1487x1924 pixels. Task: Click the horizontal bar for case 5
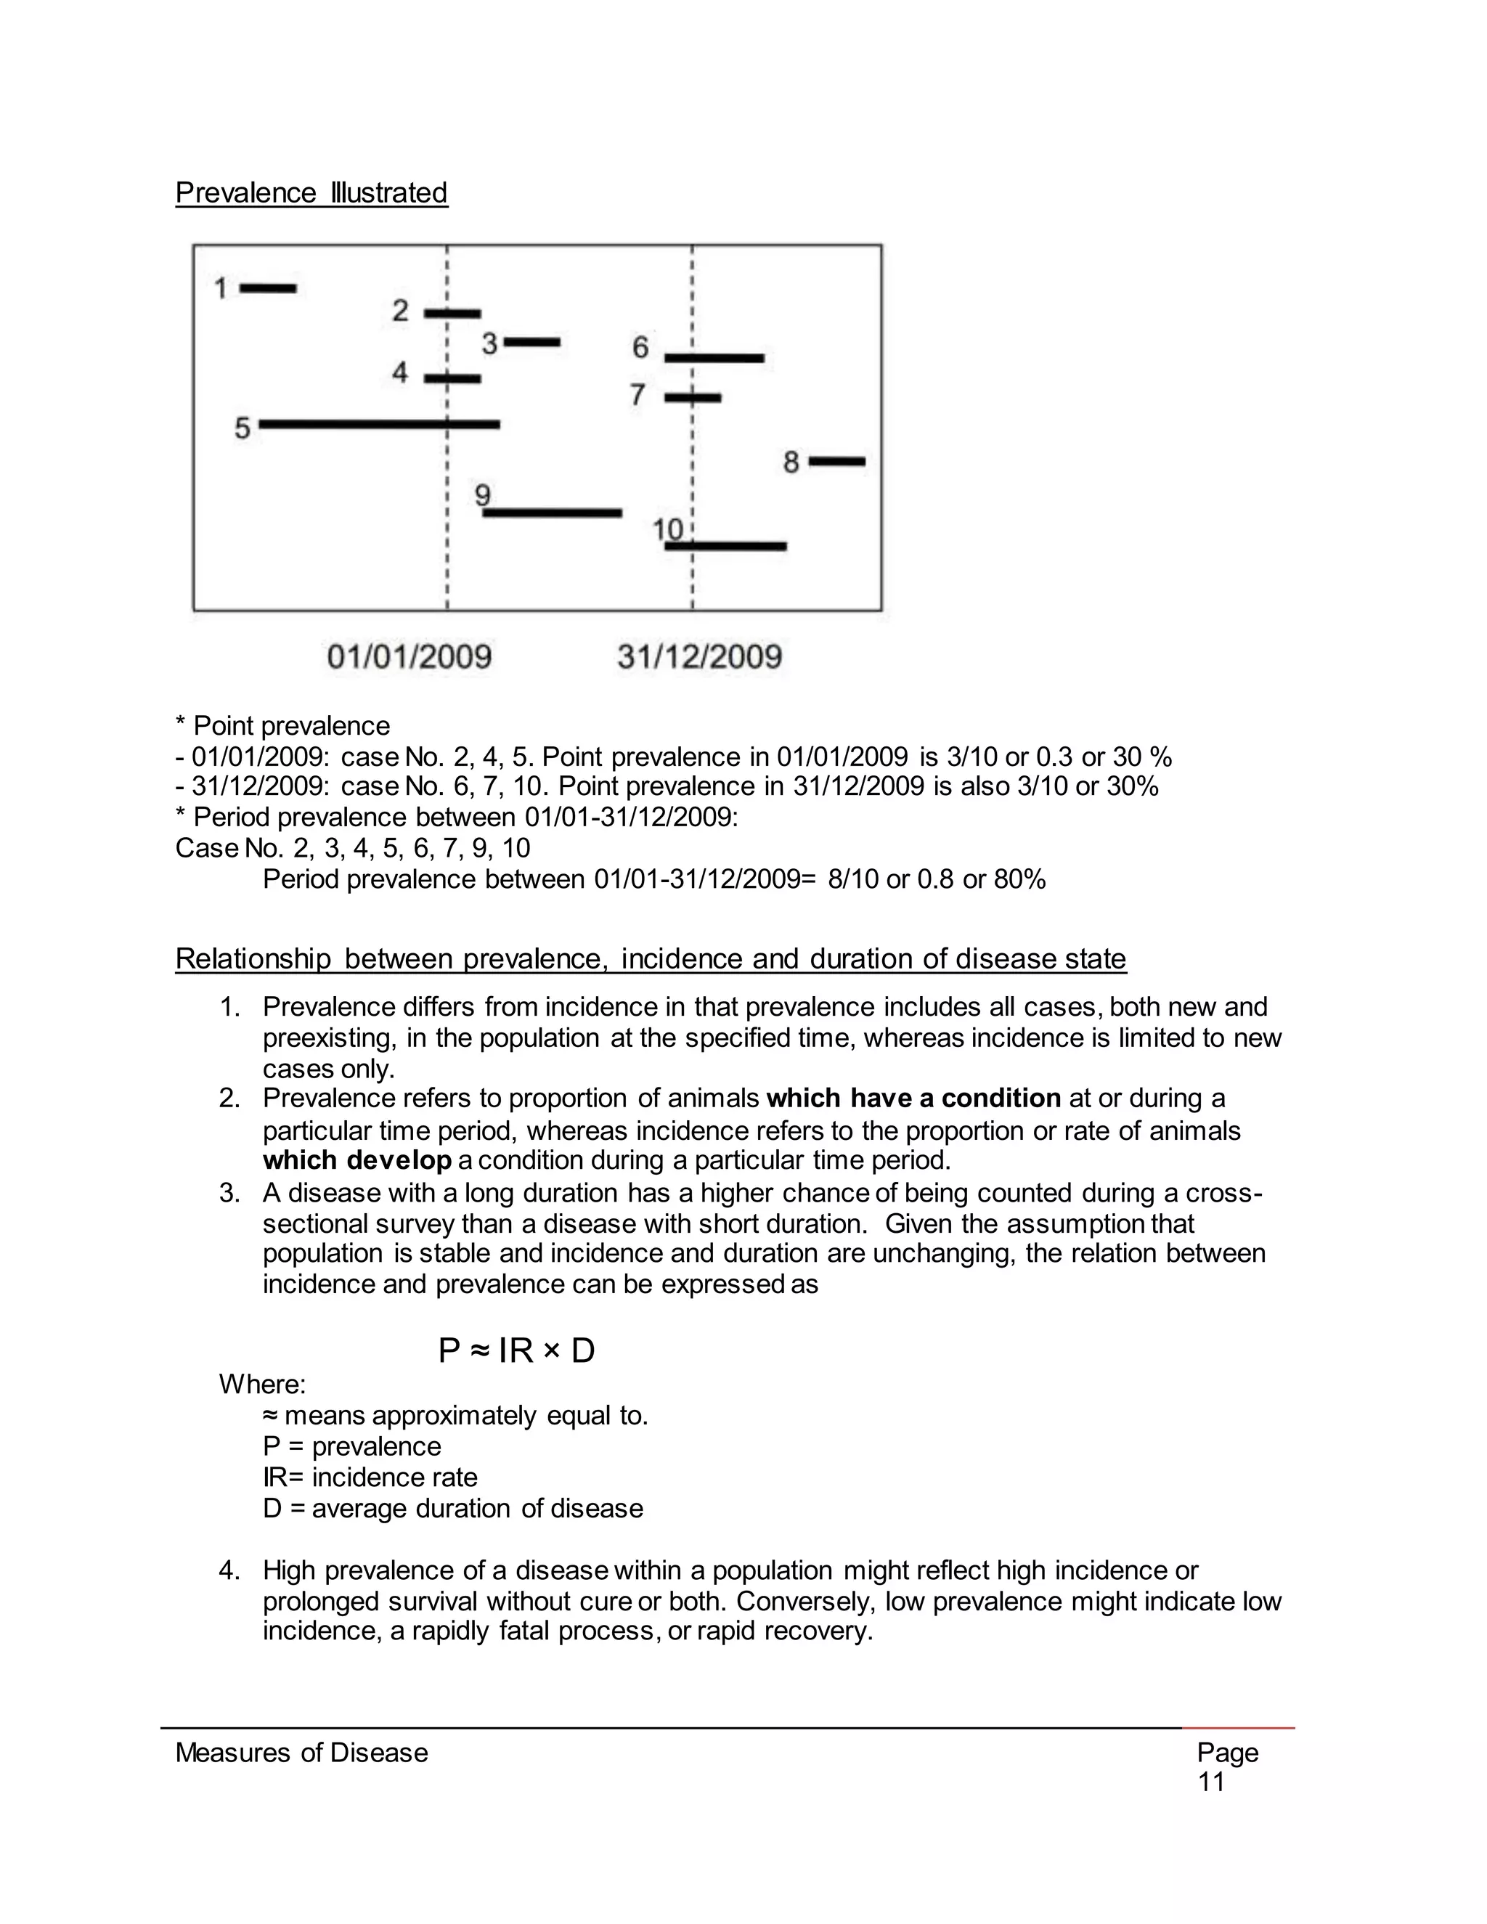[379, 425]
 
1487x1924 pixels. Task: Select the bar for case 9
[553, 513]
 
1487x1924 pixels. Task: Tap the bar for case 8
[837, 462]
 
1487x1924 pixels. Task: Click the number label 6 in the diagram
[640, 348]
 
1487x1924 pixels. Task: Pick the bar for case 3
[531, 342]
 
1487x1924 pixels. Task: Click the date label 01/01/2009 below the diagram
[409, 657]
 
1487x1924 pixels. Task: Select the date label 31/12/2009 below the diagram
[699, 657]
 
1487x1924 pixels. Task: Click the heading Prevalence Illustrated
[311, 193]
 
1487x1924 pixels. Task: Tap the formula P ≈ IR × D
[516, 1350]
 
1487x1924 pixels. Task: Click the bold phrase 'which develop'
[357, 1160]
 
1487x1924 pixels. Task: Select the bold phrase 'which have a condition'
[913, 1098]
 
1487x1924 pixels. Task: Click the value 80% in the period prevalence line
[1019, 879]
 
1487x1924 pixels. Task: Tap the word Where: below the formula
[261, 1385]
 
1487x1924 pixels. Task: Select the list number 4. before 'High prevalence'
[229, 1570]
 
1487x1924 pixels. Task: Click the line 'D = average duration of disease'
[453, 1508]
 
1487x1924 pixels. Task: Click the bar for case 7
[693, 398]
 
